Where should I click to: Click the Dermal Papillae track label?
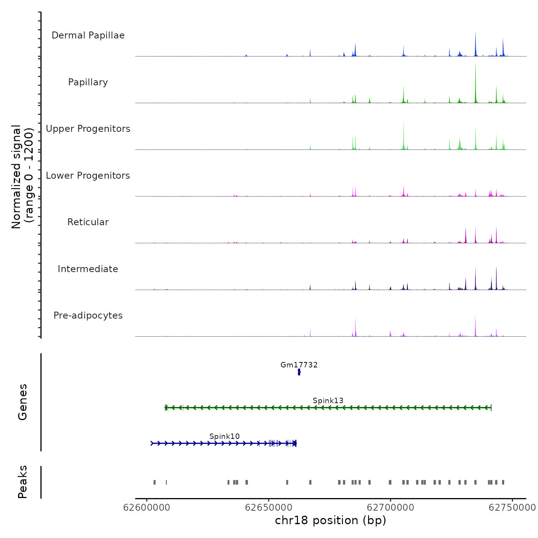tap(88, 35)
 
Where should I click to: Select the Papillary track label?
tap(88, 82)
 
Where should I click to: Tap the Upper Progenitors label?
tap(88, 129)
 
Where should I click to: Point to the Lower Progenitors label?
tap(88, 176)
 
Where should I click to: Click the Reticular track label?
tap(88, 222)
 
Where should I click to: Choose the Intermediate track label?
tap(88, 269)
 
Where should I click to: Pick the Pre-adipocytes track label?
tap(88, 315)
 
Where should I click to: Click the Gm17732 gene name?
tap(299, 365)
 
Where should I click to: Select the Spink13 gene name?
tap(328, 400)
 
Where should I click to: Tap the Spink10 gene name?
tap(224, 436)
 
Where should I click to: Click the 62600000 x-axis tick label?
tap(146, 508)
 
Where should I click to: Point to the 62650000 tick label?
tap(268, 508)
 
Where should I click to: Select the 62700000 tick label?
tap(390, 508)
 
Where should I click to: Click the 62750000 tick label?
tap(512, 508)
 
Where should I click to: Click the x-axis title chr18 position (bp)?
tap(330, 520)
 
